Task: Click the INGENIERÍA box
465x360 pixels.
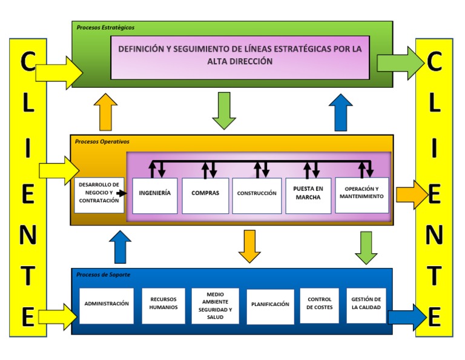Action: click(x=155, y=195)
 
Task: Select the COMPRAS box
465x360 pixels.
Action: click(x=205, y=195)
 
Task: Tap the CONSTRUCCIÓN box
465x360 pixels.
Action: click(x=257, y=195)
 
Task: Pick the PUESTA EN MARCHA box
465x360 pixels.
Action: click(x=308, y=195)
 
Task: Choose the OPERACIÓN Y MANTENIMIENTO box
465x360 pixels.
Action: click(x=361, y=195)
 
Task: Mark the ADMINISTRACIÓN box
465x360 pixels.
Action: click(x=107, y=305)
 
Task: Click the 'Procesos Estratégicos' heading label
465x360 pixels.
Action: click(x=105, y=27)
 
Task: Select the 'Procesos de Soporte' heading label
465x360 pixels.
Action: click(x=103, y=275)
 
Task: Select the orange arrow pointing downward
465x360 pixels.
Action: click(x=249, y=245)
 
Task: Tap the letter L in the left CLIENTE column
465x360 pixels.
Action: click(x=28, y=103)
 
